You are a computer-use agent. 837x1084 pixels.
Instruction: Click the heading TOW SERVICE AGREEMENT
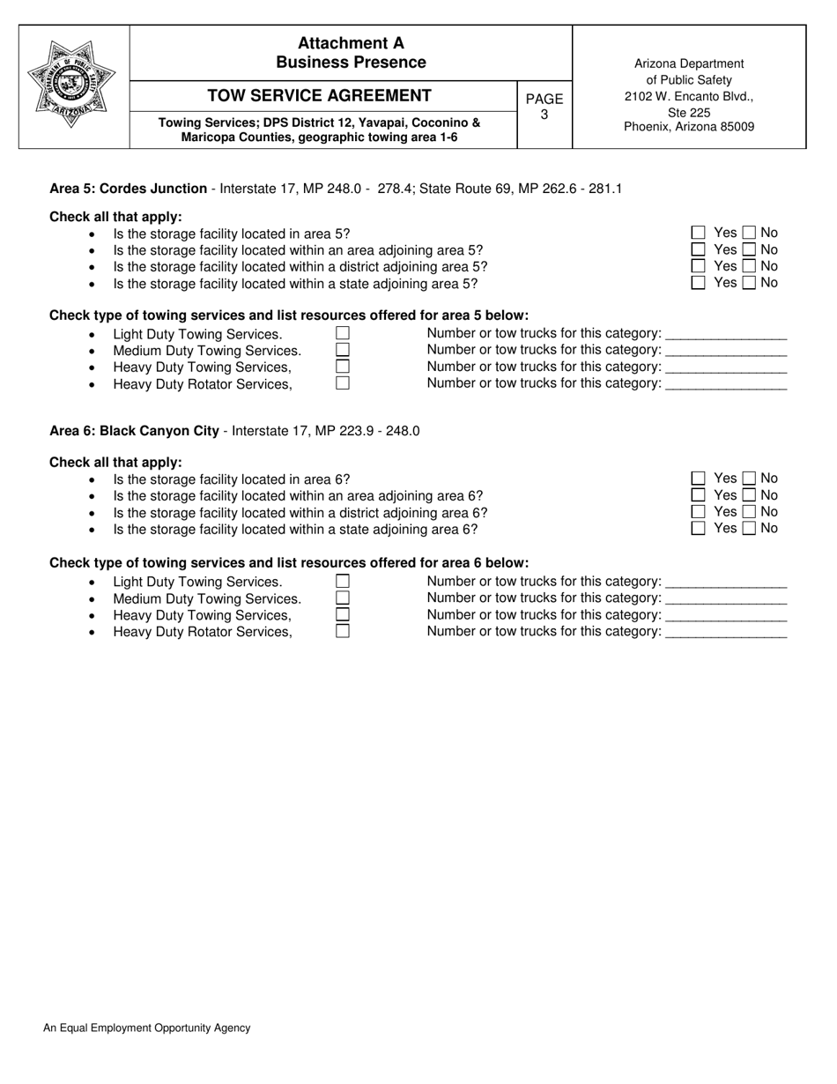319,96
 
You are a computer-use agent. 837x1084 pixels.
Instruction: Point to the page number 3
544,115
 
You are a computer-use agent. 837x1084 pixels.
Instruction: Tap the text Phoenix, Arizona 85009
689,127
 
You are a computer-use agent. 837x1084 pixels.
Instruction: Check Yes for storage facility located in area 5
699,233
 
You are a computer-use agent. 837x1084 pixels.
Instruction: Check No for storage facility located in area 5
749,233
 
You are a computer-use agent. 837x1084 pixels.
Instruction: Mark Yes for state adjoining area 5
699,283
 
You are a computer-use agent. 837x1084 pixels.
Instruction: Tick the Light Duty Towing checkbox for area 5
343,333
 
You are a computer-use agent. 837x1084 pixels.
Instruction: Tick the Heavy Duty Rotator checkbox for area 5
343,383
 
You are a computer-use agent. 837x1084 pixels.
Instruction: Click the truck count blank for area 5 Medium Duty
726,351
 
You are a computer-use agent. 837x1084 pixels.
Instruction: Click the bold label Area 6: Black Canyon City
134,431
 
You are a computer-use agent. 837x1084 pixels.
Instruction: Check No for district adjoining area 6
749,512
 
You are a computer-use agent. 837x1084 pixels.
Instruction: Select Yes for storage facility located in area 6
699,479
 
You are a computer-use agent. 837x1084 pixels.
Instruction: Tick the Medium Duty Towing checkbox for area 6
343,598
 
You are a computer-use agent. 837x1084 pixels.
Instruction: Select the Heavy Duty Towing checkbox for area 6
343,614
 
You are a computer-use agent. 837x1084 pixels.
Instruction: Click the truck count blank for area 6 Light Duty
726,583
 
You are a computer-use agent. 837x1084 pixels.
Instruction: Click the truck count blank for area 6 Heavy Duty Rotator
726,633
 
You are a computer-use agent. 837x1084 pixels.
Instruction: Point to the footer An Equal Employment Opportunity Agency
146,1028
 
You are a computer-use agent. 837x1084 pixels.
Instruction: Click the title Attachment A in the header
351,43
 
